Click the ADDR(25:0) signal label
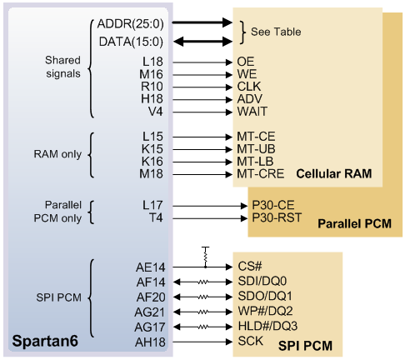tap(130, 24)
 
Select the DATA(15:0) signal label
tap(131, 42)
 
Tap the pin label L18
tap(152, 62)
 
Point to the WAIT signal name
tap(252, 112)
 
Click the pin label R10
tap(152, 87)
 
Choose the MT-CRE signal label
tap(260, 174)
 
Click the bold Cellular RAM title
tap(334, 174)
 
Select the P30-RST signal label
tap(277, 217)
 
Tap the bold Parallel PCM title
tap(354, 223)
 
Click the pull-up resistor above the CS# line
tap(205, 256)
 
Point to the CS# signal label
tap(250, 267)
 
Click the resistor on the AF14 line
tap(202, 282)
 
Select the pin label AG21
tap(150, 312)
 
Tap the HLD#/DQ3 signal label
tap(267, 326)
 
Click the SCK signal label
tap(250, 341)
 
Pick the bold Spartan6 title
tap(45, 341)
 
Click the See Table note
tap(276, 32)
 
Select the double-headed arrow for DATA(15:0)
tap(202, 42)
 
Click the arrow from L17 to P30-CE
tap(210, 206)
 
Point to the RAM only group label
tap(57, 154)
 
